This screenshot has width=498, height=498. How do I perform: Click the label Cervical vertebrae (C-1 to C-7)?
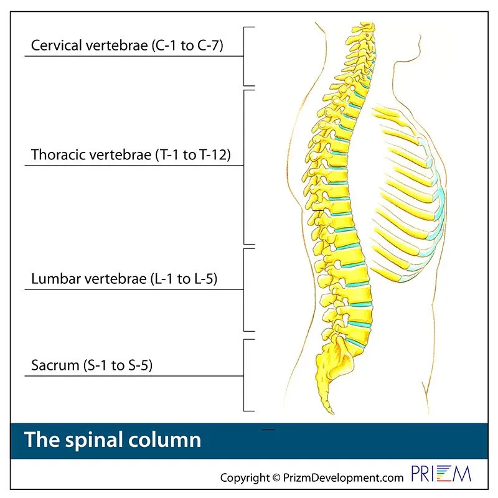127,46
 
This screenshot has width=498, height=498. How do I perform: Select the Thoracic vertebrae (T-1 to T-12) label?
131,155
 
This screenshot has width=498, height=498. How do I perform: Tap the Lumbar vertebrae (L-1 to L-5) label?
124,279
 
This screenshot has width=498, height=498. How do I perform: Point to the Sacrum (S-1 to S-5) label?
92,365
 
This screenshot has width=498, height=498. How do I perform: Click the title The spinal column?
113,440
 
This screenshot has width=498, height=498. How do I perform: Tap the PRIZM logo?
441,474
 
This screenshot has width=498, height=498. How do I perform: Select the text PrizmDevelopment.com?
343,478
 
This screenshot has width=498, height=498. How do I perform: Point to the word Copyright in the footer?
245,478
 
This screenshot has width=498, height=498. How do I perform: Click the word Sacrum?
55,365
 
